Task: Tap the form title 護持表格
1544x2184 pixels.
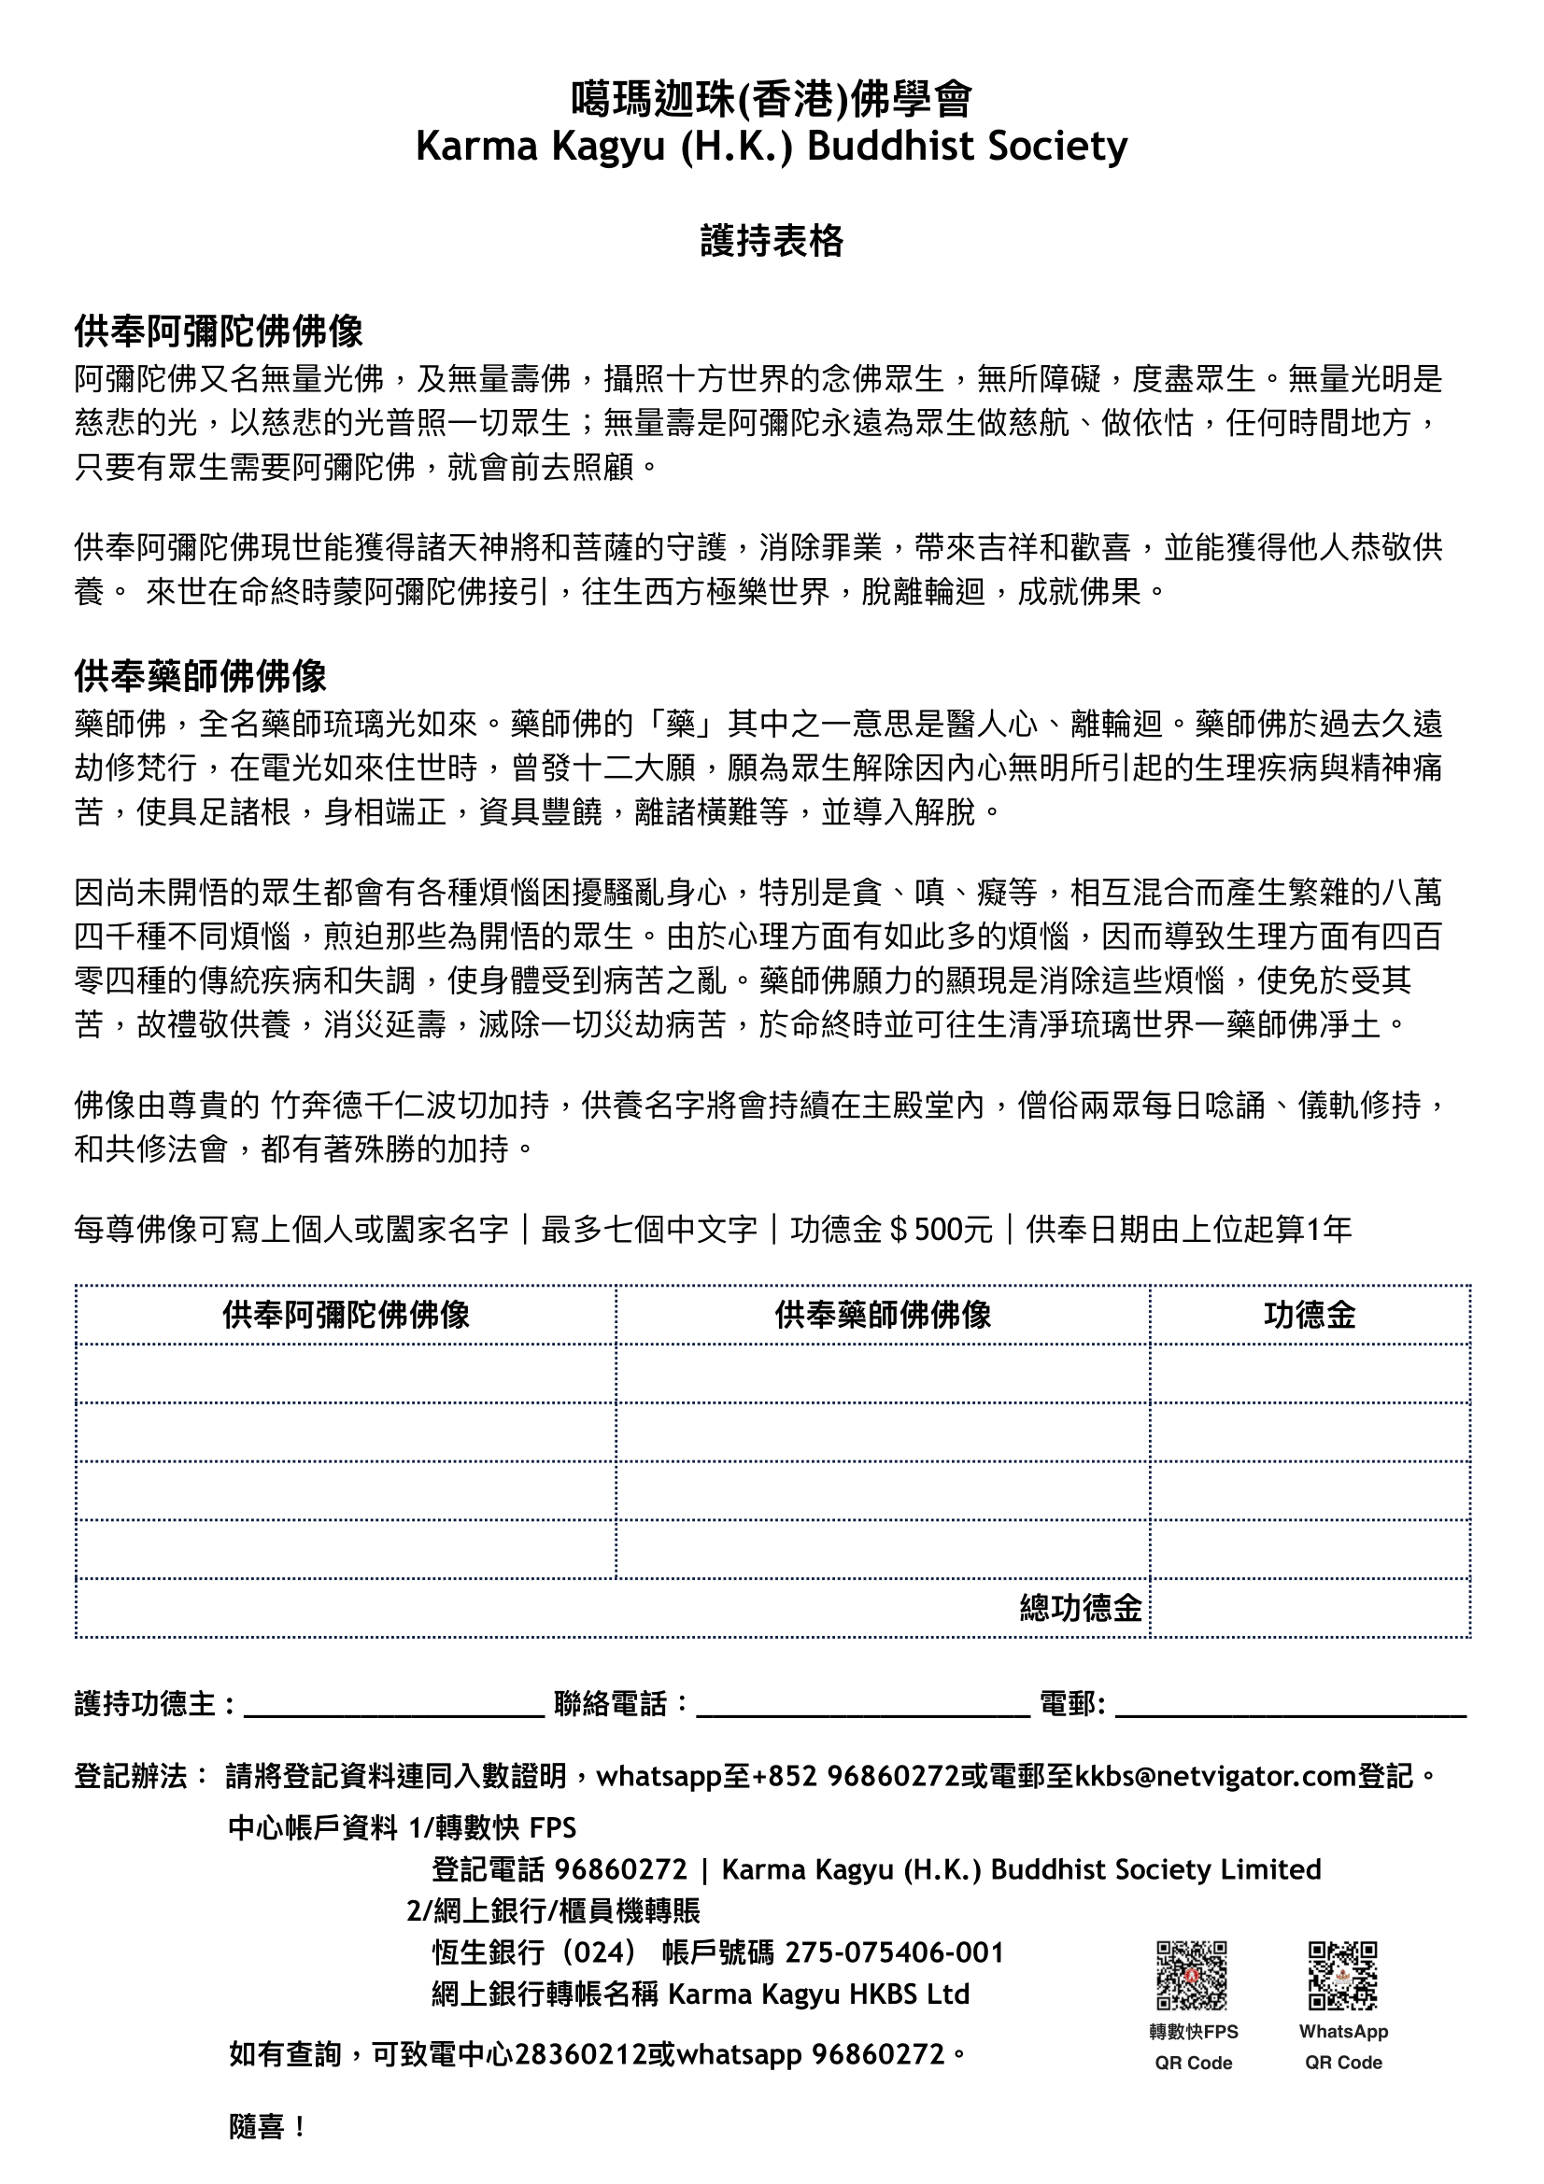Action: point(772,242)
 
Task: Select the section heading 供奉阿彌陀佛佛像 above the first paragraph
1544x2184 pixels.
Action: point(219,332)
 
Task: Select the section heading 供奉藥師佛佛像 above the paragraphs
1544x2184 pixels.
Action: point(201,677)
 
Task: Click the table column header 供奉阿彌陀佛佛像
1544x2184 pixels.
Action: point(347,1316)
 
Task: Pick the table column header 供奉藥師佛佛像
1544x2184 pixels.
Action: point(883,1316)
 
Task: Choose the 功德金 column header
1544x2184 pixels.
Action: point(1309,1316)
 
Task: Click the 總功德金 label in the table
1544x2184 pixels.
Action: point(1081,1608)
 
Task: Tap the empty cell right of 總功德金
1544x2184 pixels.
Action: point(1309,1608)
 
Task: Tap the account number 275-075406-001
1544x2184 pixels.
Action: point(894,1952)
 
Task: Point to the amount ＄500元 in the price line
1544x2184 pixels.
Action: point(940,1230)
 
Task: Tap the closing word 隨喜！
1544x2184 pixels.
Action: point(267,2127)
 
